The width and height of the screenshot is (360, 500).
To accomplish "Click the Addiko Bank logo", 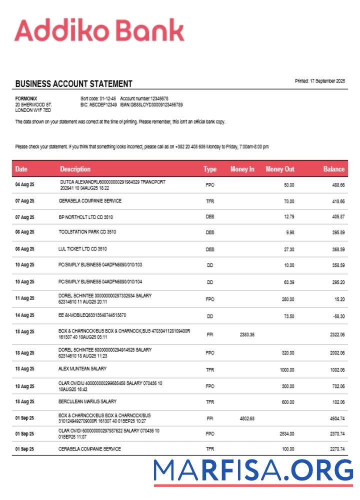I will pos(99,30).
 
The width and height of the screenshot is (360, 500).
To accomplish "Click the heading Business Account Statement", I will pos(73,84).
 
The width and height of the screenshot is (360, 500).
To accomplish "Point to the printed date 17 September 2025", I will pos(320,81).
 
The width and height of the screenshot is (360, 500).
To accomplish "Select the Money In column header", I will pos(242,169).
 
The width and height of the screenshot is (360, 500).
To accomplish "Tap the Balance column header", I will pos(333,169).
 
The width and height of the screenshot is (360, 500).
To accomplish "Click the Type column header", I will pos(210,169).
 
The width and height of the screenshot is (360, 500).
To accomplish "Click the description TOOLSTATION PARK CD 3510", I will pos(87,232).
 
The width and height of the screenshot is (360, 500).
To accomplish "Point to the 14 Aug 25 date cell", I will pos(24,316).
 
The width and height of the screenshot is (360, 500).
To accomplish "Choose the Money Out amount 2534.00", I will pos(286,434).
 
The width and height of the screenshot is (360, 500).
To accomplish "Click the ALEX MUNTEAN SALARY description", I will pos(82,369).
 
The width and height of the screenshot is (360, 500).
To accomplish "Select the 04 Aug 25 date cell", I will pos(24,185).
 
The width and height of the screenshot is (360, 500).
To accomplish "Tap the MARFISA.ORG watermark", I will pos(253,471).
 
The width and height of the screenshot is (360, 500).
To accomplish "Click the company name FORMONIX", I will pos(26,98).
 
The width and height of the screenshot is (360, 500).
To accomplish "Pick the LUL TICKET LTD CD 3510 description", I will pos(83,248).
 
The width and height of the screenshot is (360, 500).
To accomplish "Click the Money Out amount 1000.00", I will pos(286,369).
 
